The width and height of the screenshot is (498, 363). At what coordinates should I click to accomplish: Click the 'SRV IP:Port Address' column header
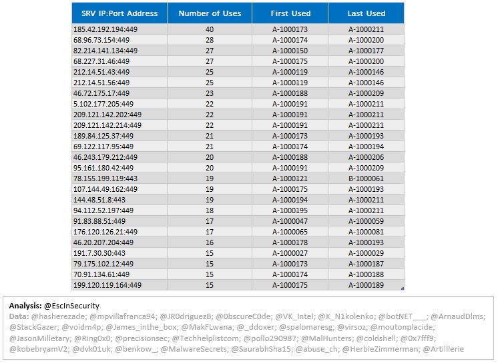[119, 13]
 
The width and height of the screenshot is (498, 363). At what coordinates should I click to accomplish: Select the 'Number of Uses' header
[210, 13]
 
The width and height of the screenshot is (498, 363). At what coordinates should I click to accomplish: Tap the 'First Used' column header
[290, 13]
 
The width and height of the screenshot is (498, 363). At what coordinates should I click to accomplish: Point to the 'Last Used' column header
[366, 13]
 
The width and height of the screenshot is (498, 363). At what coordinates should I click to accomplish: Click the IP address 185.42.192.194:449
[105, 29]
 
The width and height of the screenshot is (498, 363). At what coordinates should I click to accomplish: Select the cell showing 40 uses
[210, 29]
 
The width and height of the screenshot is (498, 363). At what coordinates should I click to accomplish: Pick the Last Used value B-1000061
[366, 179]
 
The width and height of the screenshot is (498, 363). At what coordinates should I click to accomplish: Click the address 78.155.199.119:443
[105, 179]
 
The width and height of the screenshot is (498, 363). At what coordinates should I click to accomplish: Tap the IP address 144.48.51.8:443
[99, 200]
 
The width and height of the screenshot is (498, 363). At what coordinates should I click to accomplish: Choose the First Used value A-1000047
[290, 221]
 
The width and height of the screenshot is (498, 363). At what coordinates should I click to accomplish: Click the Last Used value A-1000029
[366, 253]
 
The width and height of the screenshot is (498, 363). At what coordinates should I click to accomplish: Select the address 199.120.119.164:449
[107, 285]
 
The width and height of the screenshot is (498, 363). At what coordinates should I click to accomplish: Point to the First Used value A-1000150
[290, 51]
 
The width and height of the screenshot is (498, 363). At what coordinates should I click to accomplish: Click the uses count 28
[210, 40]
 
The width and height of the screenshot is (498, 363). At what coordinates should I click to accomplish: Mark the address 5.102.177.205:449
[103, 104]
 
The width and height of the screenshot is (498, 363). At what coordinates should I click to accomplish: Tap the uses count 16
[210, 242]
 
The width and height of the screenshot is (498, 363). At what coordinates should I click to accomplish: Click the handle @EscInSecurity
[72, 306]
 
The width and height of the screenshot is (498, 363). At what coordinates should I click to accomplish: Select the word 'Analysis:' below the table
[25, 306]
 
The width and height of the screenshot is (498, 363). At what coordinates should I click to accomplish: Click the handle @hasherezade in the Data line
[59, 316]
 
